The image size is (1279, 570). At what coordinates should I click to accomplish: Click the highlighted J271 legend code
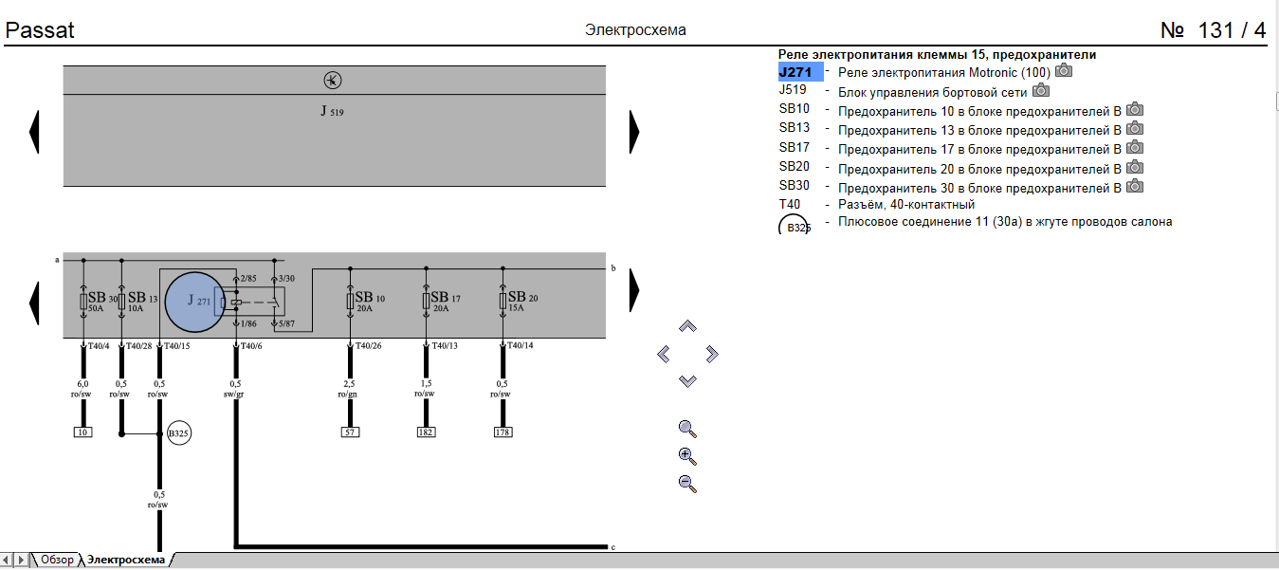pos(800,72)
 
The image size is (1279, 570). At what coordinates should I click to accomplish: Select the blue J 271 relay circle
pos(205,301)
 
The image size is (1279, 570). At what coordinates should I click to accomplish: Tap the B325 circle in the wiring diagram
pos(179,434)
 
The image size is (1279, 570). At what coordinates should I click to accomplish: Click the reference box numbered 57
pos(351,432)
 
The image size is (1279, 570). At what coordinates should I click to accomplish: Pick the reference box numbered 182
pos(427,432)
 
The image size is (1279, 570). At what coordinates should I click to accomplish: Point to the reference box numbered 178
pos(502,432)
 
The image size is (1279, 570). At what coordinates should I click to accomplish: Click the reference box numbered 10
pos(83,432)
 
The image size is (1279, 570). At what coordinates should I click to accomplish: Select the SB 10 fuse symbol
pos(351,301)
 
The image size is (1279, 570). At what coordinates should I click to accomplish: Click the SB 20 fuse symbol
pos(502,301)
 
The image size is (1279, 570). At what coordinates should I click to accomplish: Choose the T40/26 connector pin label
pos(370,345)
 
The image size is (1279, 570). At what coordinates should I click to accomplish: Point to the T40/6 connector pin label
pos(250,345)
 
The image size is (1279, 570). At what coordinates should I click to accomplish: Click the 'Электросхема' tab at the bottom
pos(126,561)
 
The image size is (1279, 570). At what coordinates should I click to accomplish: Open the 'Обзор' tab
pos(57,561)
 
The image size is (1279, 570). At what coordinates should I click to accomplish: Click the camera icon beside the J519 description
pos(1042,91)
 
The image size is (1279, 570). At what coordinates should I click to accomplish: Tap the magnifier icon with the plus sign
pos(688,456)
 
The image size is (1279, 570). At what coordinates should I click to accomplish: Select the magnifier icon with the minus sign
pos(688,484)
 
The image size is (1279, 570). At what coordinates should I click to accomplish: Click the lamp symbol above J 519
pos(332,80)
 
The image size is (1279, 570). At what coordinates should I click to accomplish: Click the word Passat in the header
pos(40,30)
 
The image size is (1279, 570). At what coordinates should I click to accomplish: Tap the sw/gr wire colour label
pos(234,394)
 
